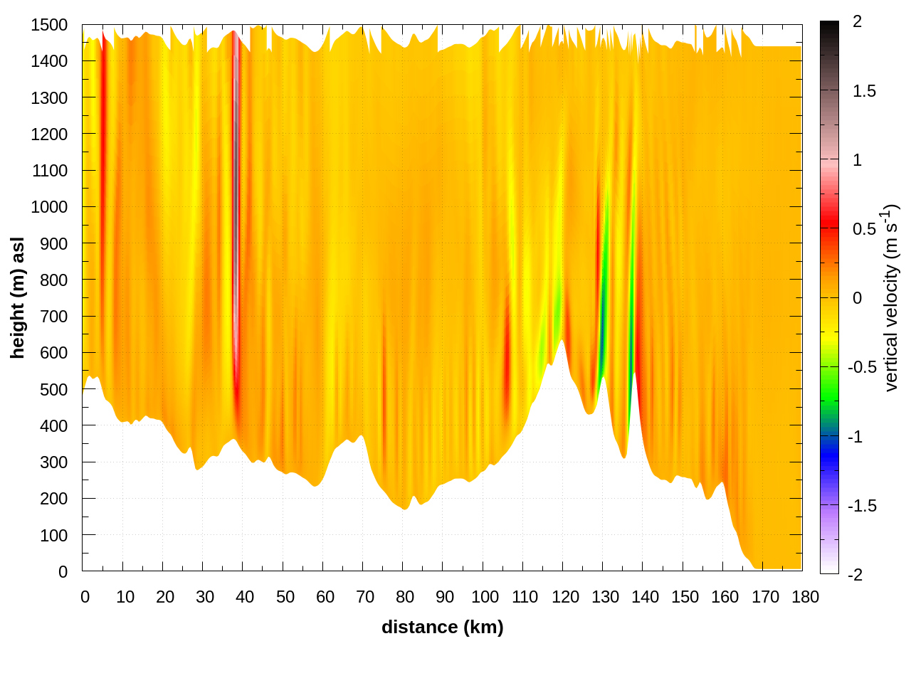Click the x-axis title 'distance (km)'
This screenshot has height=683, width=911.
click(x=442, y=627)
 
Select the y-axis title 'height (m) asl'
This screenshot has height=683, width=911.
click(x=18, y=297)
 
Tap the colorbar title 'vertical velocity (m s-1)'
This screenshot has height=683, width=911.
click(x=890, y=297)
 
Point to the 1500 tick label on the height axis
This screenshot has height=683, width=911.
click(x=49, y=25)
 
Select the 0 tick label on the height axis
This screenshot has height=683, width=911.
click(x=63, y=572)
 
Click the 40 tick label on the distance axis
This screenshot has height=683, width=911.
click(x=245, y=597)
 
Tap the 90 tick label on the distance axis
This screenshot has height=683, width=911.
click(x=445, y=597)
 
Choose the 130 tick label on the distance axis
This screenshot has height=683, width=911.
click(x=605, y=597)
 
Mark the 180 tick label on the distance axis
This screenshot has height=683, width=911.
click(x=805, y=597)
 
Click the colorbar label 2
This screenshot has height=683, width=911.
click(x=857, y=22)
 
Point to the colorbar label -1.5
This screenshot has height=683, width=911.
click(x=862, y=506)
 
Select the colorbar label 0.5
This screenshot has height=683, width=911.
click(x=864, y=229)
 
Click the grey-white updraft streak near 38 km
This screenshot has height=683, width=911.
click(x=235, y=213)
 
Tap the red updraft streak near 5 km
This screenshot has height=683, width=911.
click(x=103, y=142)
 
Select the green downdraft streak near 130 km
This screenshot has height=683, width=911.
click(x=604, y=299)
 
